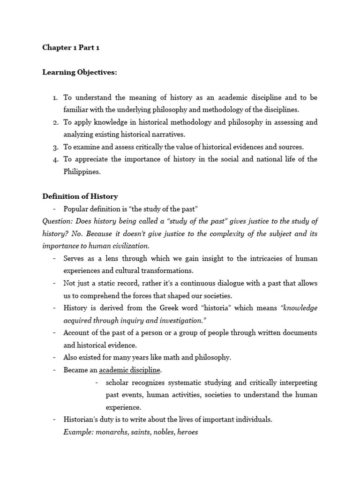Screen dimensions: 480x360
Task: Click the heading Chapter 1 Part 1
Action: point(71,48)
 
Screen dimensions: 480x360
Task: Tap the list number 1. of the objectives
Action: point(55,97)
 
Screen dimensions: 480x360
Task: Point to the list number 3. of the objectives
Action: point(55,147)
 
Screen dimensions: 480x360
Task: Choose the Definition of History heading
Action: point(80,196)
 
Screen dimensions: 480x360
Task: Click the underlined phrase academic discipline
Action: point(130,370)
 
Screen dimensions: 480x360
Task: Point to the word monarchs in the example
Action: point(110,432)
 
